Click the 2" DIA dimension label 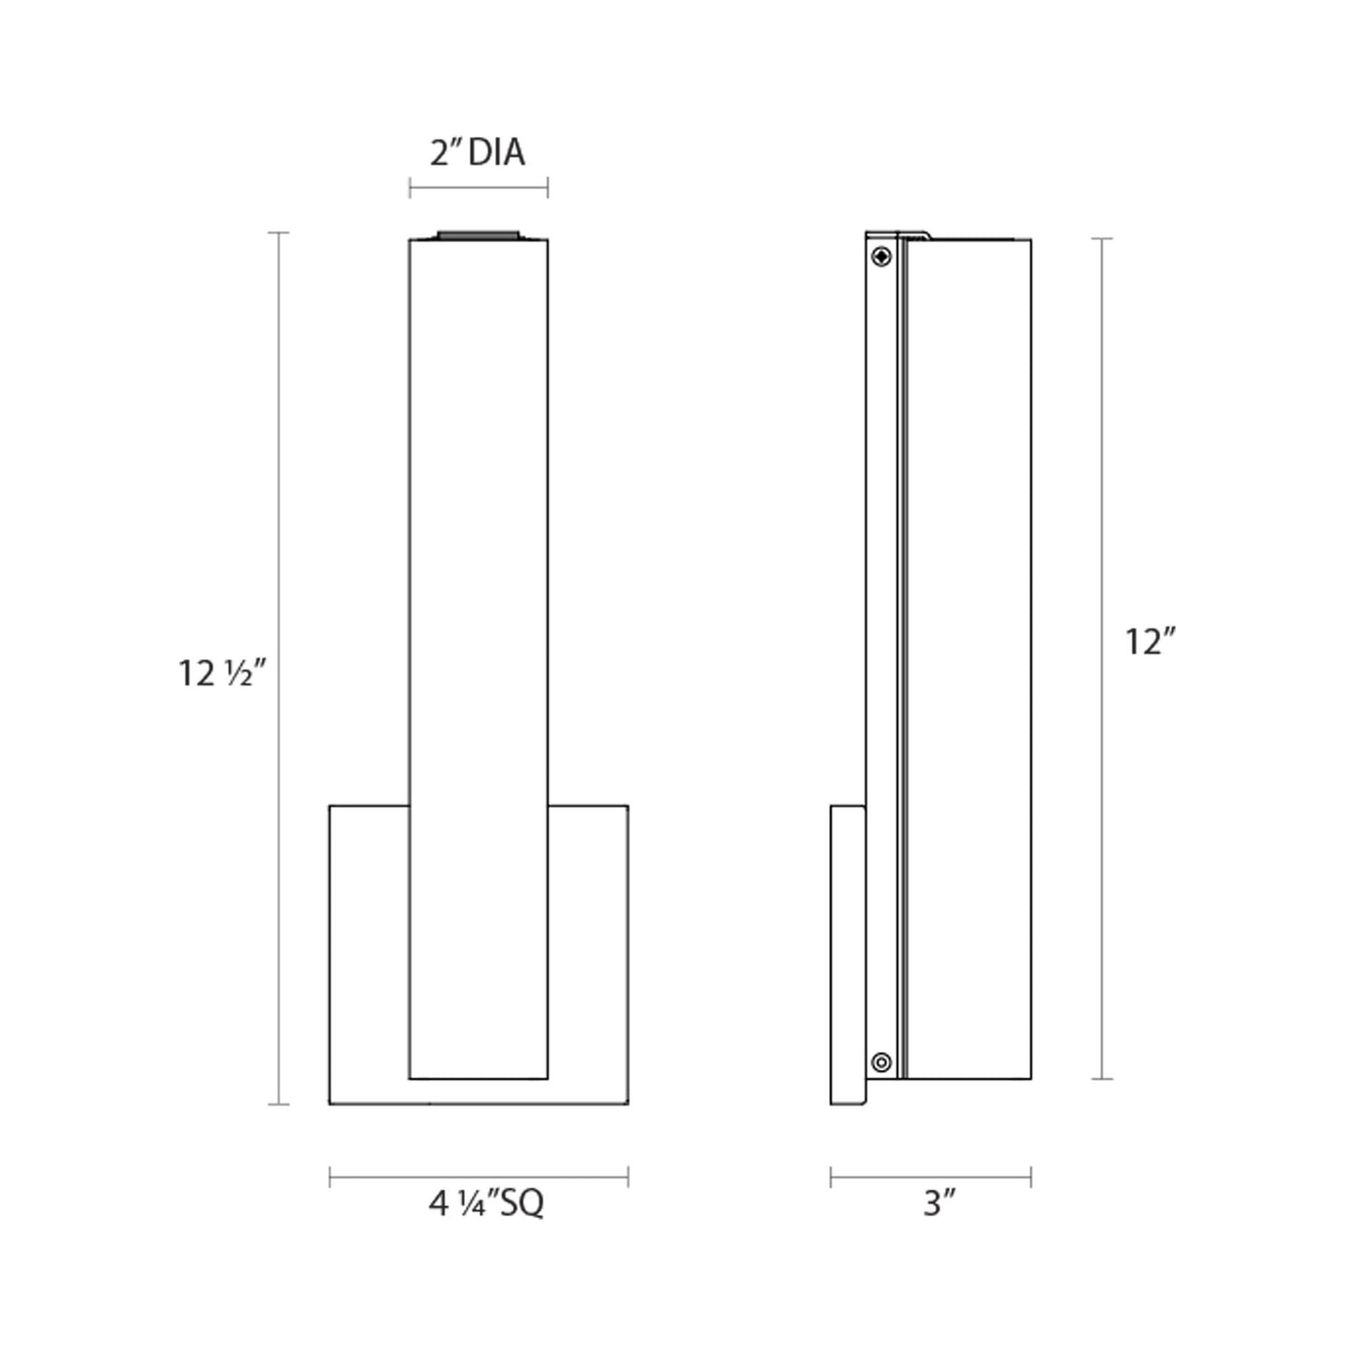[477, 153]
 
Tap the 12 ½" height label [223, 673]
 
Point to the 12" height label [1152, 641]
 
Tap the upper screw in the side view [881, 257]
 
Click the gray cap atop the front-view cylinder [478, 235]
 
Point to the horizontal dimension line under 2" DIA [479, 188]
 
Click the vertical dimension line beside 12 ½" [279, 668]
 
